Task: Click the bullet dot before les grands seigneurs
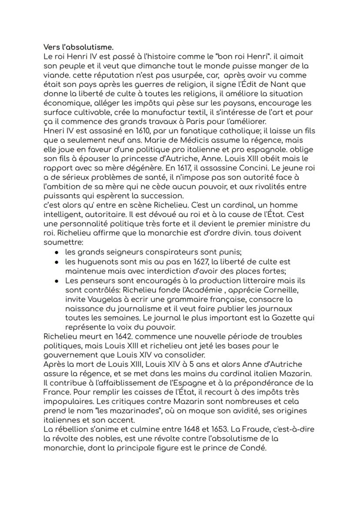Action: (x=57, y=252)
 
